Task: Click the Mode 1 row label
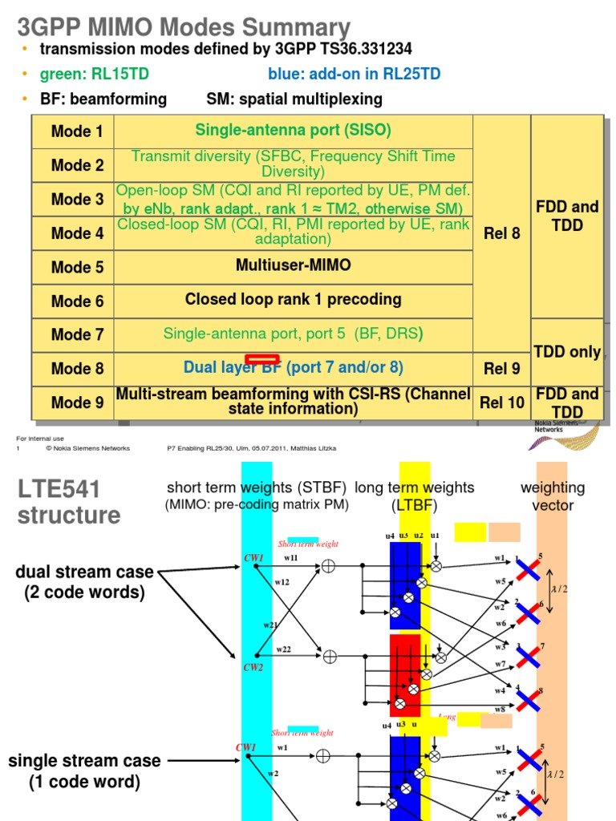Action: pos(77,131)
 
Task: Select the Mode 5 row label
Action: pos(77,267)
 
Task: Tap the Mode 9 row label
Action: pos(77,402)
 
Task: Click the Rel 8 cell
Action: pos(502,233)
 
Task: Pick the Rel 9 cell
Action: pos(502,369)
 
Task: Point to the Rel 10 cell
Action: pos(502,402)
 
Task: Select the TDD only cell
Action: pos(567,352)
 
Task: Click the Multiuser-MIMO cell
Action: pos(293,265)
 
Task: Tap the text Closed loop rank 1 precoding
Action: pos(293,300)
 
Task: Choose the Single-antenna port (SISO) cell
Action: pos(293,130)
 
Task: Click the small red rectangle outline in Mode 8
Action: pos(262,359)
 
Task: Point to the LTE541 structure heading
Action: pos(68,501)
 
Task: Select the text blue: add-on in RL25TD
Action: pos(354,75)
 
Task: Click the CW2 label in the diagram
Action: pos(253,666)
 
